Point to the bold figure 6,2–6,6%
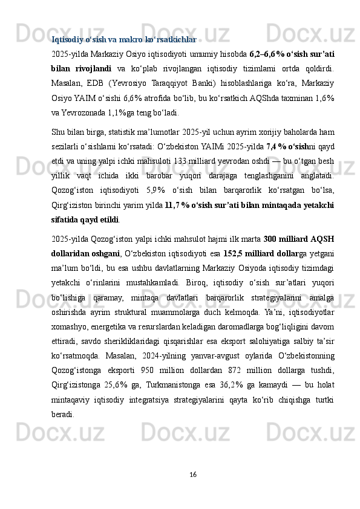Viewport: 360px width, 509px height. pyautogui.click(x=266, y=53)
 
